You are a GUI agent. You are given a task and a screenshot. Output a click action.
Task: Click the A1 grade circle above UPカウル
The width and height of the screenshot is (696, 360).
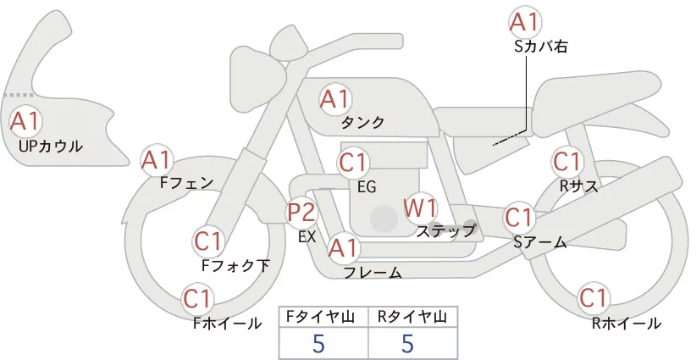pyautogui.click(x=24, y=120)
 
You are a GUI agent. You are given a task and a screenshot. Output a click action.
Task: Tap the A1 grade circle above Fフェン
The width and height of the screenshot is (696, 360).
pyautogui.click(x=156, y=158)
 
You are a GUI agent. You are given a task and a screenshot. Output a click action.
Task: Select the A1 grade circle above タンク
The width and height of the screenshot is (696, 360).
pyautogui.click(x=334, y=99)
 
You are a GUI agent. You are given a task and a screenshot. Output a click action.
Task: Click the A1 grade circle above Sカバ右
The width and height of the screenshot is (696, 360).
pyautogui.click(x=525, y=22)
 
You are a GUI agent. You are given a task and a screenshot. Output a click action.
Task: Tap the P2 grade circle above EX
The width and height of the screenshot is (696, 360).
pyautogui.click(x=301, y=212)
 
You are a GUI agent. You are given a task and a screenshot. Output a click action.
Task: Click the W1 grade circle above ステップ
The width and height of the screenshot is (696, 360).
pyautogui.click(x=419, y=207)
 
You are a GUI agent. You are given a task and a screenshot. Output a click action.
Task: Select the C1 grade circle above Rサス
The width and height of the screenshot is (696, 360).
pyautogui.click(x=567, y=161)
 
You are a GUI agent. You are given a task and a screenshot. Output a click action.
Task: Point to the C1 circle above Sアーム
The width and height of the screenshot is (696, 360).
pyautogui.click(x=519, y=217)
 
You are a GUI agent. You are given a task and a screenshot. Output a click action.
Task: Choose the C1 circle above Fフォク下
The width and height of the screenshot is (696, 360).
pyautogui.click(x=208, y=241)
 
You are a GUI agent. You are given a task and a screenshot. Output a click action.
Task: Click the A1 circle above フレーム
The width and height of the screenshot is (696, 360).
pyautogui.click(x=343, y=248)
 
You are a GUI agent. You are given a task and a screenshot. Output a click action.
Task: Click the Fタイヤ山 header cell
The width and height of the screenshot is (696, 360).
pyautogui.click(x=323, y=317)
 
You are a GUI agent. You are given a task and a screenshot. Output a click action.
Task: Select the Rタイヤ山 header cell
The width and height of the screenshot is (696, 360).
pyautogui.click(x=412, y=317)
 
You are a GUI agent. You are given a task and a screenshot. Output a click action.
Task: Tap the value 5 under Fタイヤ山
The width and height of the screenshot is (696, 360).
pyautogui.click(x=319, y=343)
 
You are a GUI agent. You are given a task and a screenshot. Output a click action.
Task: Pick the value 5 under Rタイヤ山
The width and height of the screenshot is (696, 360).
pyautogui.click(x=407, y=343)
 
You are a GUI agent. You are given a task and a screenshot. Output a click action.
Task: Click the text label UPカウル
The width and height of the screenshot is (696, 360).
pyautogui.click(x=50, y=147)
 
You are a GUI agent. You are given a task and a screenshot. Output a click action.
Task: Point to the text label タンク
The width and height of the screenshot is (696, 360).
pyautogui.click(x=363, y=123)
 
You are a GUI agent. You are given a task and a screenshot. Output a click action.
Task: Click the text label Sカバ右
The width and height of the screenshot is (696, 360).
pyautogui.click(x=540, y=47)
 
